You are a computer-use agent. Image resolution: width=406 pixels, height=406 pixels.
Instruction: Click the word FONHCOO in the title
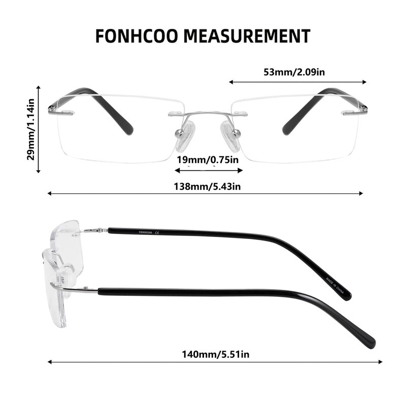pos(137,36)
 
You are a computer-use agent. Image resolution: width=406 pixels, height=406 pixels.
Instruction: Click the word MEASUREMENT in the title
pos(247,36)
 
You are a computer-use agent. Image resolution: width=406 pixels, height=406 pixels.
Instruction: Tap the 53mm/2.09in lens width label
pos(294,72)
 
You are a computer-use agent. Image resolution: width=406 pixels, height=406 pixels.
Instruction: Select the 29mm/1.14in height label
pos(31,129)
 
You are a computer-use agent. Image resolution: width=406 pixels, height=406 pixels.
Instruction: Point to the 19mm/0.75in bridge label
pos(208,160)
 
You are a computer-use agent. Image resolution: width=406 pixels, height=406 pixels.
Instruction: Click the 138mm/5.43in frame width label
pos(207,186)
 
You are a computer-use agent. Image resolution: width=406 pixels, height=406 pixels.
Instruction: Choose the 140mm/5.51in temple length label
pos(216,354)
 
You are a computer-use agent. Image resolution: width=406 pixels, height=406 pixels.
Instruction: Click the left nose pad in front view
pos(184,136)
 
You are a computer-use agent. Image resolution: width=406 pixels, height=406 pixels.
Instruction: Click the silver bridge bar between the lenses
pos(208,113)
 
